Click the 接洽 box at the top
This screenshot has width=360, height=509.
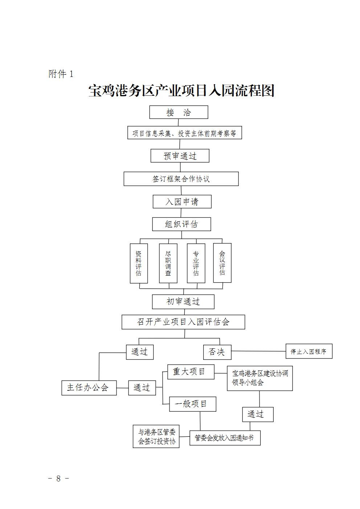(179, 112)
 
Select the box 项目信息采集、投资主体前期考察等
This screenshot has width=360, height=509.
(184, 133)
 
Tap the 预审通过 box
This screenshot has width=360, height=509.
(180, 156)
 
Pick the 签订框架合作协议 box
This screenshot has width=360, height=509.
(181, 179)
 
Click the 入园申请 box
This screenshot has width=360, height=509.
(182, 202)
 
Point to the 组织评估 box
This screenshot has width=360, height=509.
(181, 224)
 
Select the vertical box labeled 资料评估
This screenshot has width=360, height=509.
(139, 263)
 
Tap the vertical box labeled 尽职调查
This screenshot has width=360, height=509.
(168, 263)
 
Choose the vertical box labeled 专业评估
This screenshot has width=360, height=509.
(196, 263)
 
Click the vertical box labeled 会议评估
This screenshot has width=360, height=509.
(222, 263)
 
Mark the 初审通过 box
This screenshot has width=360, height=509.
(183, 301)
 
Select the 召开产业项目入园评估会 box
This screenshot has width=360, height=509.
(183, 322)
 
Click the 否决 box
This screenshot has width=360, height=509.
(217, 352)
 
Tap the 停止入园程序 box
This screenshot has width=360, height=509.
(309, 351)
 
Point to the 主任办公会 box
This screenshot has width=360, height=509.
(89, 388)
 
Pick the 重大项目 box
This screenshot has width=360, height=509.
(191, 372)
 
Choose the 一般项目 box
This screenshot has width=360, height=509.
(192, 404)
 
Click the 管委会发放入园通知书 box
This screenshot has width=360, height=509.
(225, 438)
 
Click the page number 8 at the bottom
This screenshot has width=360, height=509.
(58, 479)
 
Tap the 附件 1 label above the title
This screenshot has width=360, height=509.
(61, 74)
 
